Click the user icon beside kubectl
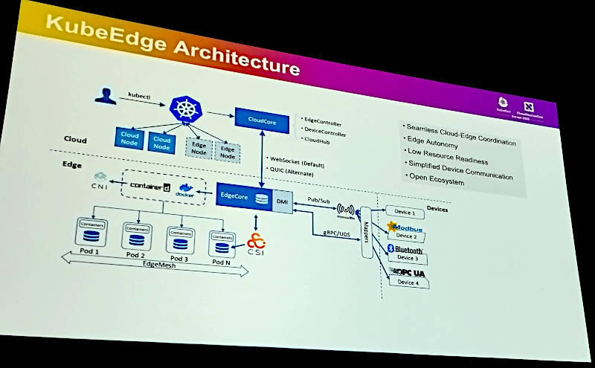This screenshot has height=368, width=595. [x=106, y=95]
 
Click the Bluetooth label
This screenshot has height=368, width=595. [x=409, y=251]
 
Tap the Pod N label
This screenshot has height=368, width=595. [x=221, y=262]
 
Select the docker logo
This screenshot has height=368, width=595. [x=185, y=190]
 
